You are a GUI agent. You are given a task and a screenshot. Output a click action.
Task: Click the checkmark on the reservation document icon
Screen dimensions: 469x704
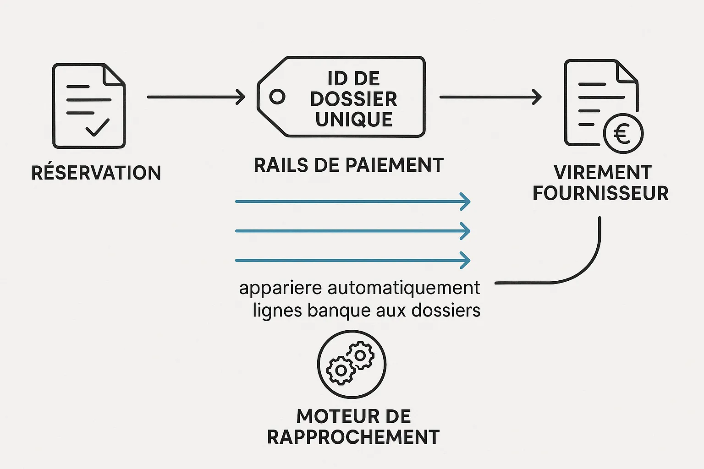click(97, 127)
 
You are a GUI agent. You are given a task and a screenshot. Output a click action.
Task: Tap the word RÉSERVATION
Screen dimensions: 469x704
click(96, 173)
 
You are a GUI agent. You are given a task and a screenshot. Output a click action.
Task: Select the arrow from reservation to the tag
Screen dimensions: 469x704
click(196, 97)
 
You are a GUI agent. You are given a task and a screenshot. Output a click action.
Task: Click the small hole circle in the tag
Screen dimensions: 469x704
click(277, 97)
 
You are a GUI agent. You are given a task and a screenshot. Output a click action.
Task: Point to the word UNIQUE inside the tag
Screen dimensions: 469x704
click(354, 120)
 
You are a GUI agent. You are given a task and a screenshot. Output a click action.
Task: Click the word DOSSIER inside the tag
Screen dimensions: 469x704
click(354, 99)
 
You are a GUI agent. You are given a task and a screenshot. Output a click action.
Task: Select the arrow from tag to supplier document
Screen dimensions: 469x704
click(490, 97)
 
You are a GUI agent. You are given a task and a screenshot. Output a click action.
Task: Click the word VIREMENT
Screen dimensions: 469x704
click(602, 173)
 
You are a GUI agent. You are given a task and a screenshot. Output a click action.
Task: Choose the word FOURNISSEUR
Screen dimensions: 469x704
click(600, 193)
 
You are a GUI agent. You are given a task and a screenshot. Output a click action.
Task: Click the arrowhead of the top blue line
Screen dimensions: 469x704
click(466, 202)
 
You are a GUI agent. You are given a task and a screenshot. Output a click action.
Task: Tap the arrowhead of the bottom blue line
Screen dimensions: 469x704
click(466, 260)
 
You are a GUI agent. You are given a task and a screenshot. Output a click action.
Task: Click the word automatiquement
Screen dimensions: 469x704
click(404, 288)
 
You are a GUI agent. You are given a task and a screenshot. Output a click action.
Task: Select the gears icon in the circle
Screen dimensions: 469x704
click(352, 364)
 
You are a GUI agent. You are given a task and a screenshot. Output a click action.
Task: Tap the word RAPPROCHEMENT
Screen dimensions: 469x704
click(353, 437)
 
